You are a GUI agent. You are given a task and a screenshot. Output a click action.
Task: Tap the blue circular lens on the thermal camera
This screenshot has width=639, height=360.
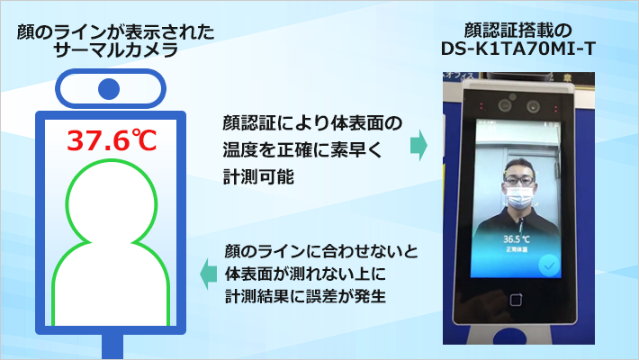(x=109, y=89)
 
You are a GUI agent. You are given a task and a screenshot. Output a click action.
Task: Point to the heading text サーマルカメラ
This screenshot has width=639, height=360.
(x=109, y=49)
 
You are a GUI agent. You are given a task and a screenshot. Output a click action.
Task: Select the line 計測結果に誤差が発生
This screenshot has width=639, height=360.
(x=306, y=294)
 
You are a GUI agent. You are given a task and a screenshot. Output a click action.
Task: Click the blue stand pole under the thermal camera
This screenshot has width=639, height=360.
(x=110, y=347)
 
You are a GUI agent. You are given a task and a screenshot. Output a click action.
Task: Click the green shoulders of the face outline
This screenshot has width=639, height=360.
(x=109, y=279)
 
